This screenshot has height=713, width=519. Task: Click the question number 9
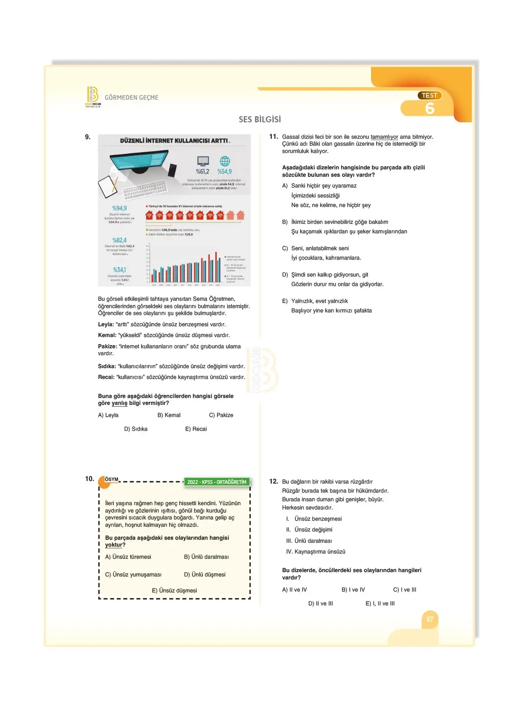pos(87,137)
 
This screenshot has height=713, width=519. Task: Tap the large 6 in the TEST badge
pos(429,108)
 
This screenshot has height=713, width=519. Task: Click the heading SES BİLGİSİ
pos(259,119)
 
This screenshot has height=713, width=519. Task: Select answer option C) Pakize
pos(221,415)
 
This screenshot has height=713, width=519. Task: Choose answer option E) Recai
pos(196,429)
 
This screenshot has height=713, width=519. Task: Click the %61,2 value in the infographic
pos(202,172)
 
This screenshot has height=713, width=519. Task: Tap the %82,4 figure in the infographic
pos(119,240)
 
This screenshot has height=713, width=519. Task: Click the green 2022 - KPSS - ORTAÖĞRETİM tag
pos(217,482)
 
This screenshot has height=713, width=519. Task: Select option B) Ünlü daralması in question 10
pos(206,557)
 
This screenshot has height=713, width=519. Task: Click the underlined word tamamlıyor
pos(384,137)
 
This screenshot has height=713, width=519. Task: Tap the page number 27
pos(430,619)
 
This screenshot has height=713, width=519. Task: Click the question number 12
pos(273,481)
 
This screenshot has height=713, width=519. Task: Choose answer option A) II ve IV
pos(295,590)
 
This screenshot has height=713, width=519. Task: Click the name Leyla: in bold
pos(106,325)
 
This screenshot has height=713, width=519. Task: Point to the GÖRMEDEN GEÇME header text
pos(131,98)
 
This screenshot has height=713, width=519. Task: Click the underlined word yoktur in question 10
pos(114,545)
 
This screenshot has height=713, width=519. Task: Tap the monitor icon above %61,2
pos(203,161)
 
